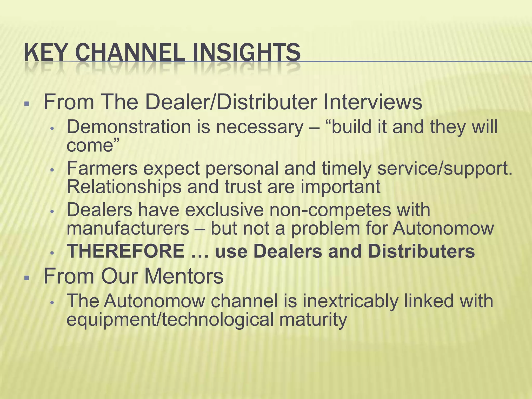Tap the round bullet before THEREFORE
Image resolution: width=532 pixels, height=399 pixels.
pos(52,252)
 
